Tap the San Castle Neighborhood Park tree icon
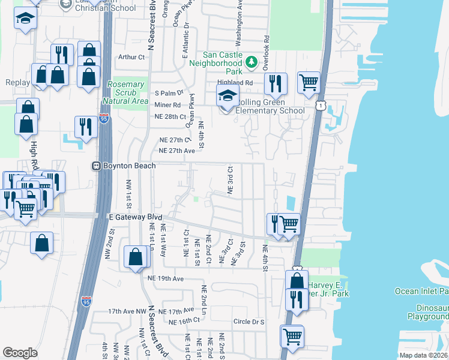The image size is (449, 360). coord(252,62)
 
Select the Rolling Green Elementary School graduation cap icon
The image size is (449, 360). coord(228,95)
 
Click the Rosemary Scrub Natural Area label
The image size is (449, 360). coord(125,93)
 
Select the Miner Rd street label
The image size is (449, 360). coord(167,105)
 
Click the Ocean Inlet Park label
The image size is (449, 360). coord(421,292)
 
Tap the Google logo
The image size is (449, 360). coord(20,353)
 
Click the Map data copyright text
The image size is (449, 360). coord(424,355)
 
